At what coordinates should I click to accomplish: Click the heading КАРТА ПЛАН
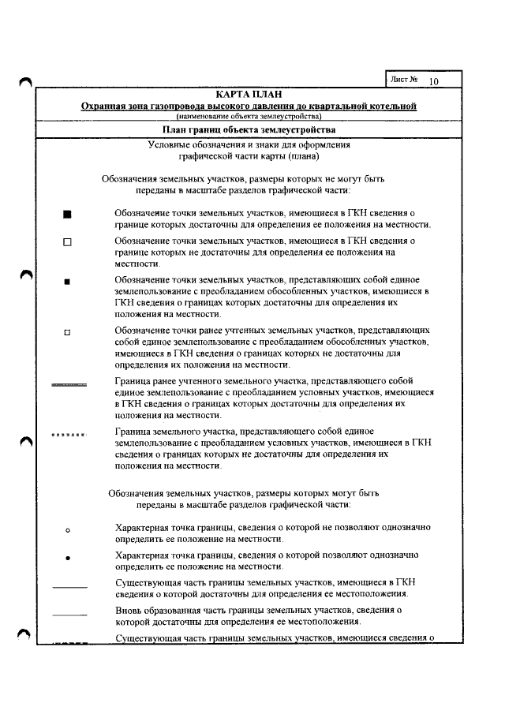click(249, 95)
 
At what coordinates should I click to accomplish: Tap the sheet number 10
click(433, 81)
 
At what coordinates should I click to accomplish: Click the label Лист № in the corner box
click(403, 80)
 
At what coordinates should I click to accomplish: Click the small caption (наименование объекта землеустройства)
click(249, 117)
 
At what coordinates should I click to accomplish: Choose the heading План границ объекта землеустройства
click(249, 129)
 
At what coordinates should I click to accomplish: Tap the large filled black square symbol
click(67, 214)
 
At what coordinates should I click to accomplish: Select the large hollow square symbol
click(67, 242)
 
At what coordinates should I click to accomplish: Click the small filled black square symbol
click(67, 281)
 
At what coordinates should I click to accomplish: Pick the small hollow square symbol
click(67, 331)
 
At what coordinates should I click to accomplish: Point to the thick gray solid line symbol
click(69, 385)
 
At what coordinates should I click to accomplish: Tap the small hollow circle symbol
click(68, 529)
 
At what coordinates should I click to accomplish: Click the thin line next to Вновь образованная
click(69, 613)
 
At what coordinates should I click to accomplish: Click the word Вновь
click(129, 610)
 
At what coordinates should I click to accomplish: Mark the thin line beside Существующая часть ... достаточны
click(69, 586)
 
